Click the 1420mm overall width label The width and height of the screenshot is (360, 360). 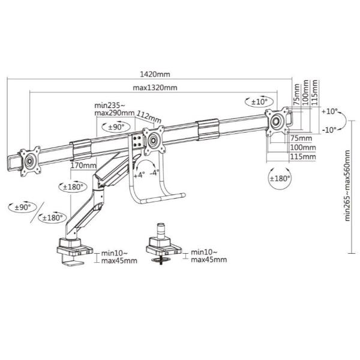coord(155,74)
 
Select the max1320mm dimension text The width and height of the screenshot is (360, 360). coord(155,88)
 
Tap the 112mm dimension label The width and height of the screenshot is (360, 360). coord(149,116)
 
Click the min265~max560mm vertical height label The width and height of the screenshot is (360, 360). coord(347,185)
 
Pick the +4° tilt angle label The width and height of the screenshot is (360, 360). coord(139,175)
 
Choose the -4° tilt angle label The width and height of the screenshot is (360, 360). coord(154,172)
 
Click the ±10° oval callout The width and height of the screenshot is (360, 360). coord(259,101)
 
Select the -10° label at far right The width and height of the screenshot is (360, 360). coord(329,130)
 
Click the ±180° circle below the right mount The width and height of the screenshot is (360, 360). coord(280,178)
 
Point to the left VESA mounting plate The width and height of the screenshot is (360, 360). coord(30,161)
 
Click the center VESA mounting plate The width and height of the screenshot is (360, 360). coord(154,140)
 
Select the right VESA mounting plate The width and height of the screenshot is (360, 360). coord(277,121)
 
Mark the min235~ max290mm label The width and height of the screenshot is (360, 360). coord(115,109)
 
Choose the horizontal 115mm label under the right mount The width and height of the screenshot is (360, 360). coord(303,157)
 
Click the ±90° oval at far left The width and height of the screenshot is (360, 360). coord(23,208)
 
